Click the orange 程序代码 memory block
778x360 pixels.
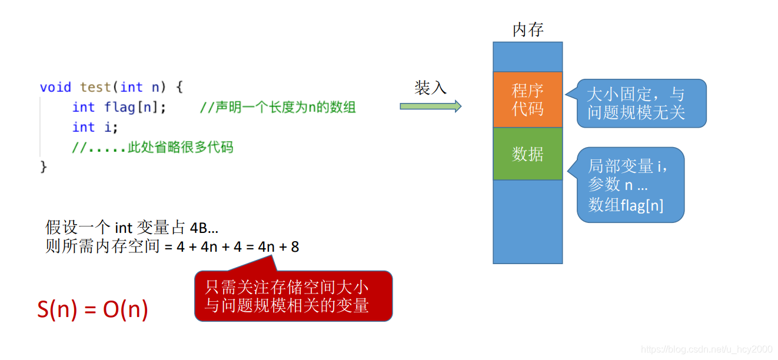527,99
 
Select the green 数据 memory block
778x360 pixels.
527,154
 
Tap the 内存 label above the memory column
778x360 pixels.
528,30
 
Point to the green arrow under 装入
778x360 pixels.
430,106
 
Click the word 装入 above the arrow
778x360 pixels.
430,88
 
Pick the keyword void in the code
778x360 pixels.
55,87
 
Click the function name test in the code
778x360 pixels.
95,87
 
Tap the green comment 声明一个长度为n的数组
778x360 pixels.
278,107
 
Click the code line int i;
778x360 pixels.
95,127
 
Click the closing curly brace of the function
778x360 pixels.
43,167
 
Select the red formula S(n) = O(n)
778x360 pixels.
92,309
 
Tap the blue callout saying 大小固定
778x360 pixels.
640,104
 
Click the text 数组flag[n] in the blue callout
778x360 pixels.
626,205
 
